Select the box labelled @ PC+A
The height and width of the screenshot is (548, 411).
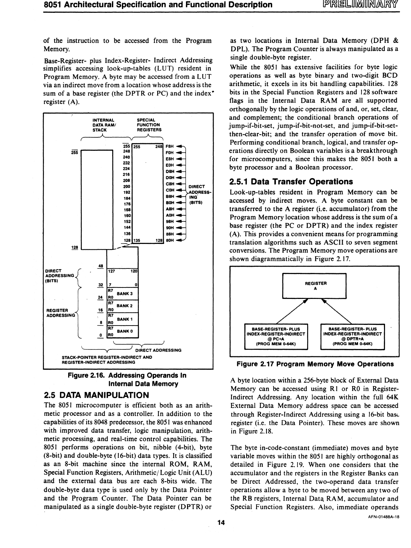click(x=276, y=337)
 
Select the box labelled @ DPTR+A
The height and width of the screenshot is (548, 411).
click(x=352, y=337)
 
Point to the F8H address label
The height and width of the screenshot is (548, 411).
click(x=170, y=147)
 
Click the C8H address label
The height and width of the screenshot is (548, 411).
click(x=170, y=184)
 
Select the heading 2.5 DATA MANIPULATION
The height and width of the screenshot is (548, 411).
click(x=97, y=395)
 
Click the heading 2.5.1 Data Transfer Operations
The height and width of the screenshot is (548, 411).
click(x=291, y=182)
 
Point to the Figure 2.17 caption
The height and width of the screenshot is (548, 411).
click(x=315, y=364)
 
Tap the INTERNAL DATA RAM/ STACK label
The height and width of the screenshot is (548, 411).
click(x=103, y=125)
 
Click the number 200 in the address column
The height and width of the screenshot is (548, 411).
click(x=127, y=186)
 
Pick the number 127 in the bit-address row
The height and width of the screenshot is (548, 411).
click(x=112, y=272)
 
